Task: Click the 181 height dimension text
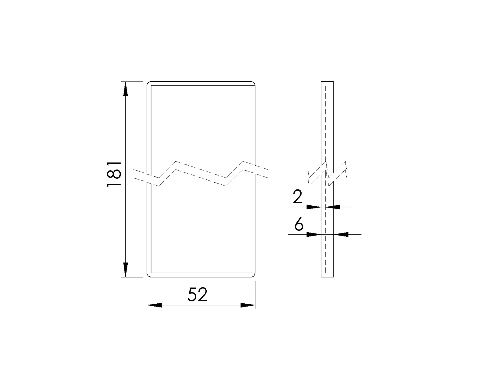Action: pos(114,174)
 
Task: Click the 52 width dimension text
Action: pos(197,295)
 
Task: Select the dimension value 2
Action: pos(297,197)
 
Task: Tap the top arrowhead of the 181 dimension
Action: pos(125,89)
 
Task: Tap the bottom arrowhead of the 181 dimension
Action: pos(125,269)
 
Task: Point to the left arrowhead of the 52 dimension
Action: pos(154,305)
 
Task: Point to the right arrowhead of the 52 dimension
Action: pos(248,305)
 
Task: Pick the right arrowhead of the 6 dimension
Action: pos(341,234)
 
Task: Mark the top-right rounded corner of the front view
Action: pos(254,83)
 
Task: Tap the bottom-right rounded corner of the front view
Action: pos(254,275)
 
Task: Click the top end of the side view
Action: pos(327,82)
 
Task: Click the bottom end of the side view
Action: pos(327,276)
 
